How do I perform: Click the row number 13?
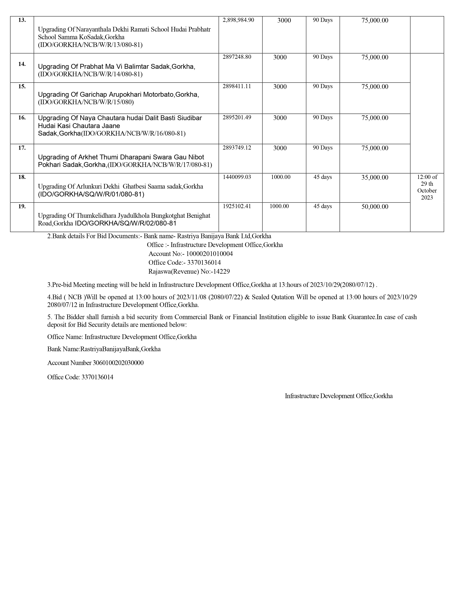22,20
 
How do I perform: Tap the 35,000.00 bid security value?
375,177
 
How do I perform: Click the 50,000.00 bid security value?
375,207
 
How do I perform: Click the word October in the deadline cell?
427,191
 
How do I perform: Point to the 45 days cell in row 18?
322,177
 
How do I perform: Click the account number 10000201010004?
209,254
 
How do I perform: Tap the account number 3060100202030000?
118,363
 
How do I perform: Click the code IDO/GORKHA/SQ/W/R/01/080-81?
91,194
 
